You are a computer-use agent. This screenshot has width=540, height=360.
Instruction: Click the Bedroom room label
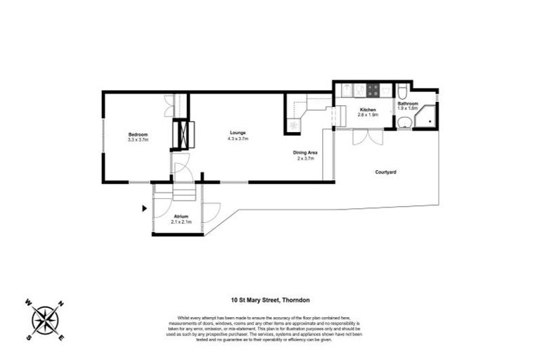(138, 134)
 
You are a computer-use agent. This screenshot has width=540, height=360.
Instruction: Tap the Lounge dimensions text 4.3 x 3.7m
(238, 139)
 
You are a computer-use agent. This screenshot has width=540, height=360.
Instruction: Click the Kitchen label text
(368, 110)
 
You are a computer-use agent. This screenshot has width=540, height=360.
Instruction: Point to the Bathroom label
(407, 103)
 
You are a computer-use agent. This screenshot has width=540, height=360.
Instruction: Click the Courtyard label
(385, 172)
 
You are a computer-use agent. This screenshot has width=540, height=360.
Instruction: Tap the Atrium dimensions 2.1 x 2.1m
(182, 222)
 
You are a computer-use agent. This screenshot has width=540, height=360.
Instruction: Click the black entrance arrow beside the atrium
(143, 208)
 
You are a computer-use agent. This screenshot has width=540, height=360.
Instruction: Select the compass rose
(44, 320)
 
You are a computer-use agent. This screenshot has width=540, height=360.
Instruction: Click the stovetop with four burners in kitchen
(371, 90)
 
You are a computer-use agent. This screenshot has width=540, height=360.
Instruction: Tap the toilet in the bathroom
(401, 91)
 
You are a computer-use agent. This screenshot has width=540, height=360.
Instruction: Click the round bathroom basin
(403, 123)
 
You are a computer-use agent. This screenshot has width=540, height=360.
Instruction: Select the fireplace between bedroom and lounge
(183, 134)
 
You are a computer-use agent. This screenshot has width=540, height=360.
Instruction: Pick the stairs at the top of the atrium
(183, 191)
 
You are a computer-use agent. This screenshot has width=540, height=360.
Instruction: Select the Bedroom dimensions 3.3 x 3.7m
(138, 140)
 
